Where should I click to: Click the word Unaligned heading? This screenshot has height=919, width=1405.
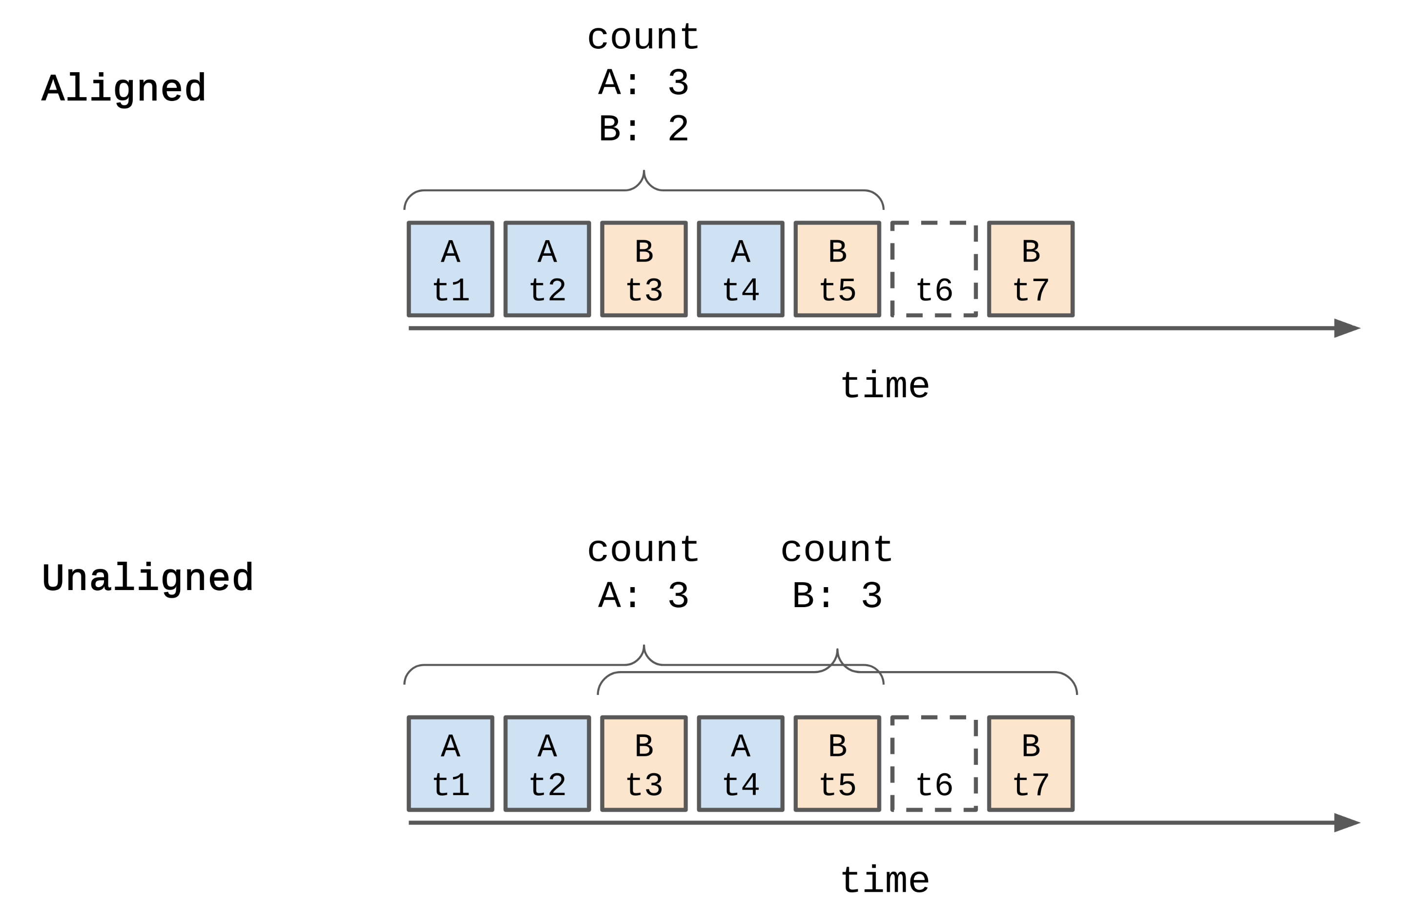147,578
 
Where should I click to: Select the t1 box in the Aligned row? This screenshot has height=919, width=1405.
451,269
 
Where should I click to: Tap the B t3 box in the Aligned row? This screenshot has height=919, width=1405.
643,269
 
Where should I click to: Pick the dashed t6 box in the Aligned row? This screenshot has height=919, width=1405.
934,269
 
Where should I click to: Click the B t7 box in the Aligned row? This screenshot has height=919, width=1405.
1031,269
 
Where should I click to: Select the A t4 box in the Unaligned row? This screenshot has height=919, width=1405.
740,764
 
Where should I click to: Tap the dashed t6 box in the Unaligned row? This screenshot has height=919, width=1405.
934,764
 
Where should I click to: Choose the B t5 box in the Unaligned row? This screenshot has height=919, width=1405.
837,764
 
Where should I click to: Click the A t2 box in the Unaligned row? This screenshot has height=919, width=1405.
547,764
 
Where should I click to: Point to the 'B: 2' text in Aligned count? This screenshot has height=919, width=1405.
643,129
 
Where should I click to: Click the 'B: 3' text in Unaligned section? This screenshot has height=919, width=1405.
837,596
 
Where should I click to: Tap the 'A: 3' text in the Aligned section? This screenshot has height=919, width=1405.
643,82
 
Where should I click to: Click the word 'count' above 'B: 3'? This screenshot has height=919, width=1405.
837,550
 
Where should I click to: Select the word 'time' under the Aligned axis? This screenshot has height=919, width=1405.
884,386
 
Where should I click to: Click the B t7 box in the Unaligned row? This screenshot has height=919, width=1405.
1031,764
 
